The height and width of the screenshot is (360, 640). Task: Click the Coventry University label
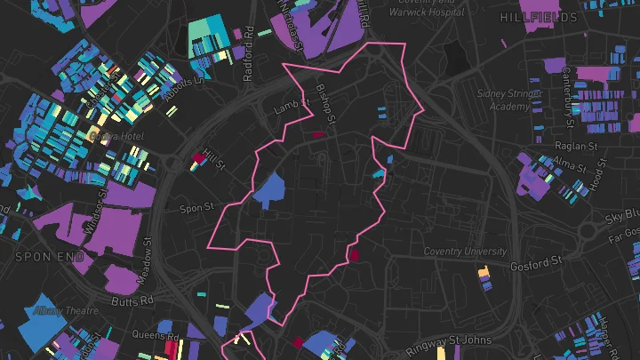465,251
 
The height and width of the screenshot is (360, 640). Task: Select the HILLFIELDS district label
532,18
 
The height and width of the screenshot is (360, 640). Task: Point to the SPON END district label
42,256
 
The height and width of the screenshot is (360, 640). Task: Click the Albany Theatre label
66,310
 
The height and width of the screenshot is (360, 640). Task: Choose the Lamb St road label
292,106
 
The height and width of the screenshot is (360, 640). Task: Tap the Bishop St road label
325,104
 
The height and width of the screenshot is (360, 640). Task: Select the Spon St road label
196,208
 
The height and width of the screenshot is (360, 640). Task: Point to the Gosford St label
537,263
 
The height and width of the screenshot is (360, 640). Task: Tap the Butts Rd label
134,301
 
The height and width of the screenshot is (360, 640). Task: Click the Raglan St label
576,146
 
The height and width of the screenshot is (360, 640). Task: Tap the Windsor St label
97,212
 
